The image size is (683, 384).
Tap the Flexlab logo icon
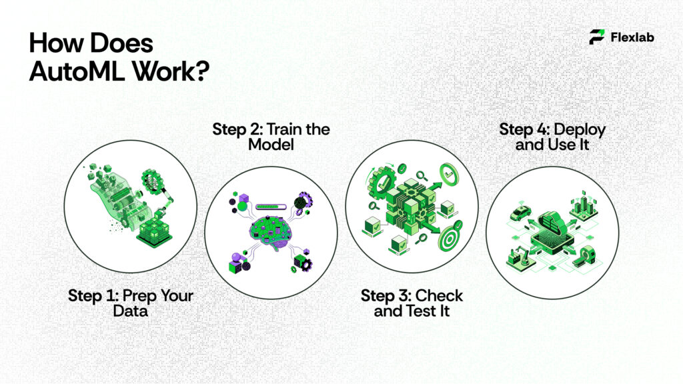[597, 37]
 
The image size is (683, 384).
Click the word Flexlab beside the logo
[632, 37]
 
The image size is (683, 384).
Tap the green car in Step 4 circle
[520, 213]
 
